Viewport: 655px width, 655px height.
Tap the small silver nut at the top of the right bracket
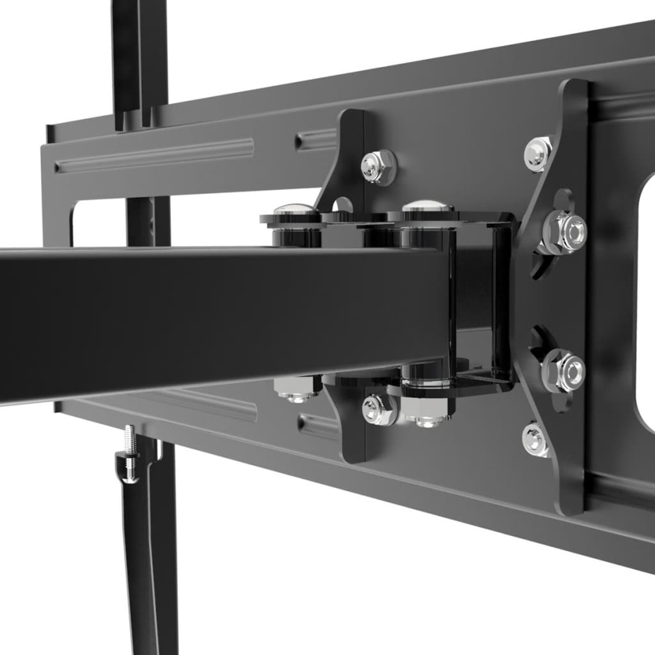click(539, 154)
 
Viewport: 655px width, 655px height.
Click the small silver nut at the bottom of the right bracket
click(536, 439)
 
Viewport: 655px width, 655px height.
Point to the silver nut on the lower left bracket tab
click(377, 410)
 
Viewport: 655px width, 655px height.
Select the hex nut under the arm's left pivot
click(297, 389)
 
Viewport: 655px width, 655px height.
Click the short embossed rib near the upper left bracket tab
click(317, 139)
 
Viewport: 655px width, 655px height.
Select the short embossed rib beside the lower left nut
click(318, 425)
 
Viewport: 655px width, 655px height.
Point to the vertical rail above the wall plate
click(139, 58)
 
